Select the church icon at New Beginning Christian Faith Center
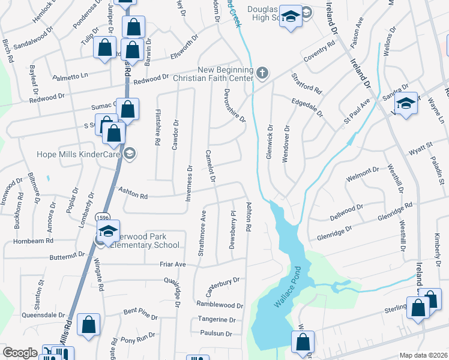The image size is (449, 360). [x=262, y=73]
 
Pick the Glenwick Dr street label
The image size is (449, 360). [x=270, y=142]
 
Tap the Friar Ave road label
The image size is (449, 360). [x=173, y=263]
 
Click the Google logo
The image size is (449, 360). [x=20, y=353]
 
